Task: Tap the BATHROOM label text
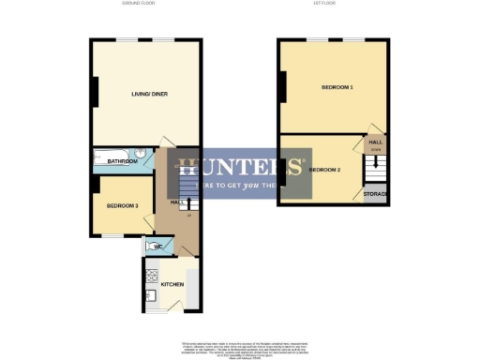coord(122,161)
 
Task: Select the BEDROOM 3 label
coord(122,206)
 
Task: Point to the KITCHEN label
coord(172,282)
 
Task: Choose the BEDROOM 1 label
coord(337,87)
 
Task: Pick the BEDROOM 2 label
coord(323,170)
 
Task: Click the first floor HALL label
coord(376,142)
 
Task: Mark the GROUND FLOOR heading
coord(139,5)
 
